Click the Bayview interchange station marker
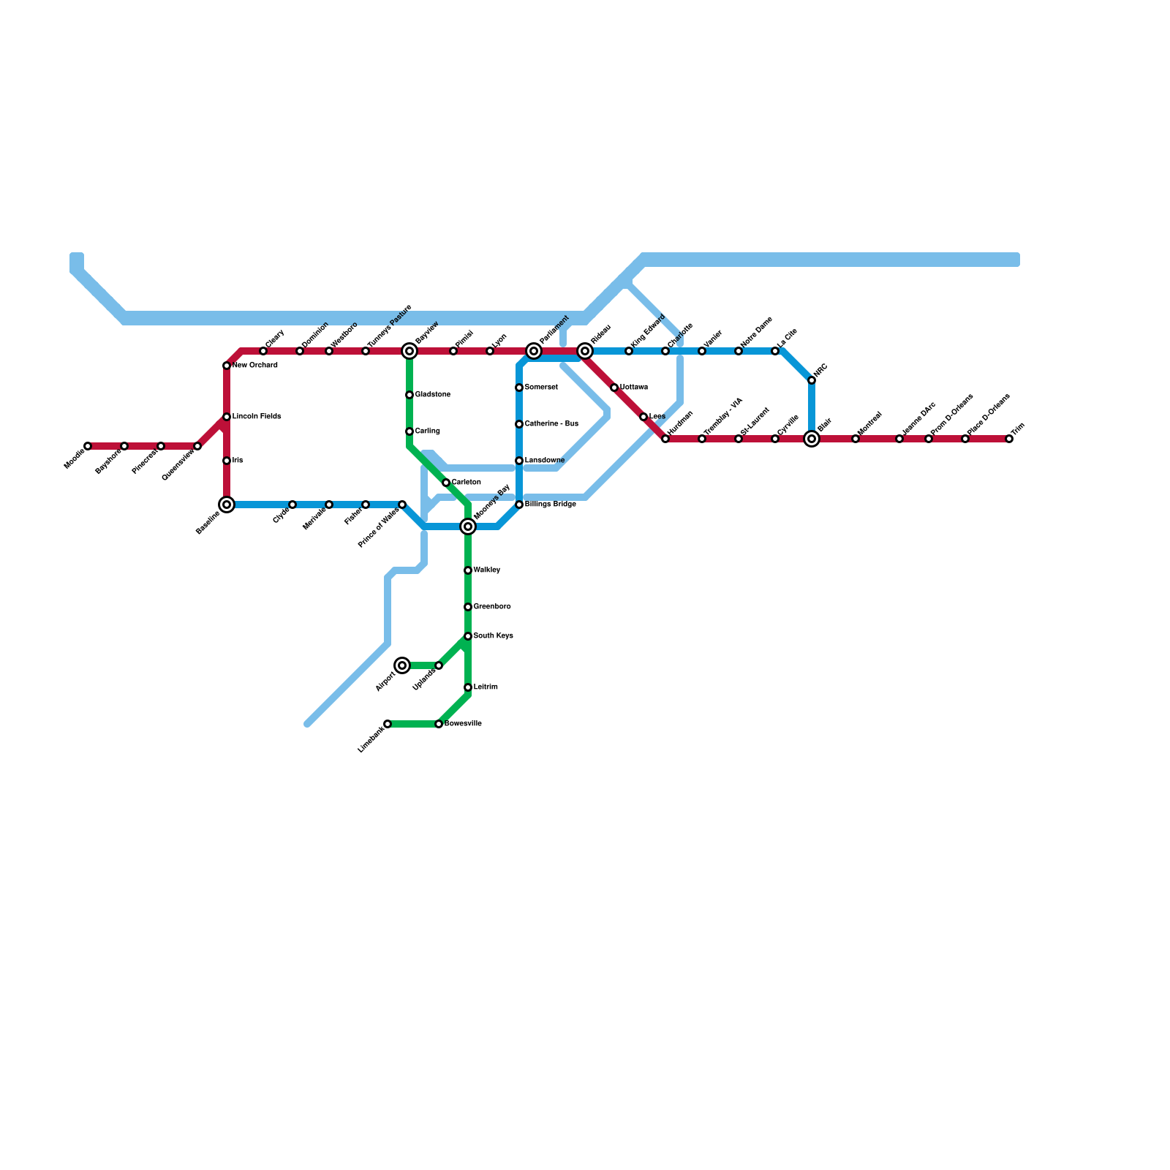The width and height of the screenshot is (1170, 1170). point(409,352)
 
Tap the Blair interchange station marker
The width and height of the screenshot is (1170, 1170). point(812,439)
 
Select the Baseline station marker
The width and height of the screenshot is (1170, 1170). point(227,505)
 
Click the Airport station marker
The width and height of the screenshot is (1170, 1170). point(402,665)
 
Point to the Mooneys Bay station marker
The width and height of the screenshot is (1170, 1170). point(468,526)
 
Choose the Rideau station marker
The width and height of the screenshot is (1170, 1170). point(585,352)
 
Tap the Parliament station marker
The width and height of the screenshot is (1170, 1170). point(534,352)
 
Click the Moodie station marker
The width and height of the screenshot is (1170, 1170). point(88,446)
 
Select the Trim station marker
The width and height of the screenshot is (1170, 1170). point(1009,439)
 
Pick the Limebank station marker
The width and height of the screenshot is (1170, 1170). point(388,724)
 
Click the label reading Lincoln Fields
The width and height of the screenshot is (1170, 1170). point(257,417)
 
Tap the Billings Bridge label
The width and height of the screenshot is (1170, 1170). point(550,505)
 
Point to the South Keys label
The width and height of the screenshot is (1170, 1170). point(493,636)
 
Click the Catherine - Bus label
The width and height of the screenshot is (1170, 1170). point(551,424)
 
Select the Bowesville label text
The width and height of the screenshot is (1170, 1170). point(463,724)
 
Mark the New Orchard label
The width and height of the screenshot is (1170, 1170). point(254,366)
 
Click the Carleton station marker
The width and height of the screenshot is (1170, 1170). point(446,483)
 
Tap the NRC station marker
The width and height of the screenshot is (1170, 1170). point(812,380)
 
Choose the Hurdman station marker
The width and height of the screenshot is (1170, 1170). point(665,439)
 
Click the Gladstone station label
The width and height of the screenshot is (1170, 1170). point(432,395)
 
